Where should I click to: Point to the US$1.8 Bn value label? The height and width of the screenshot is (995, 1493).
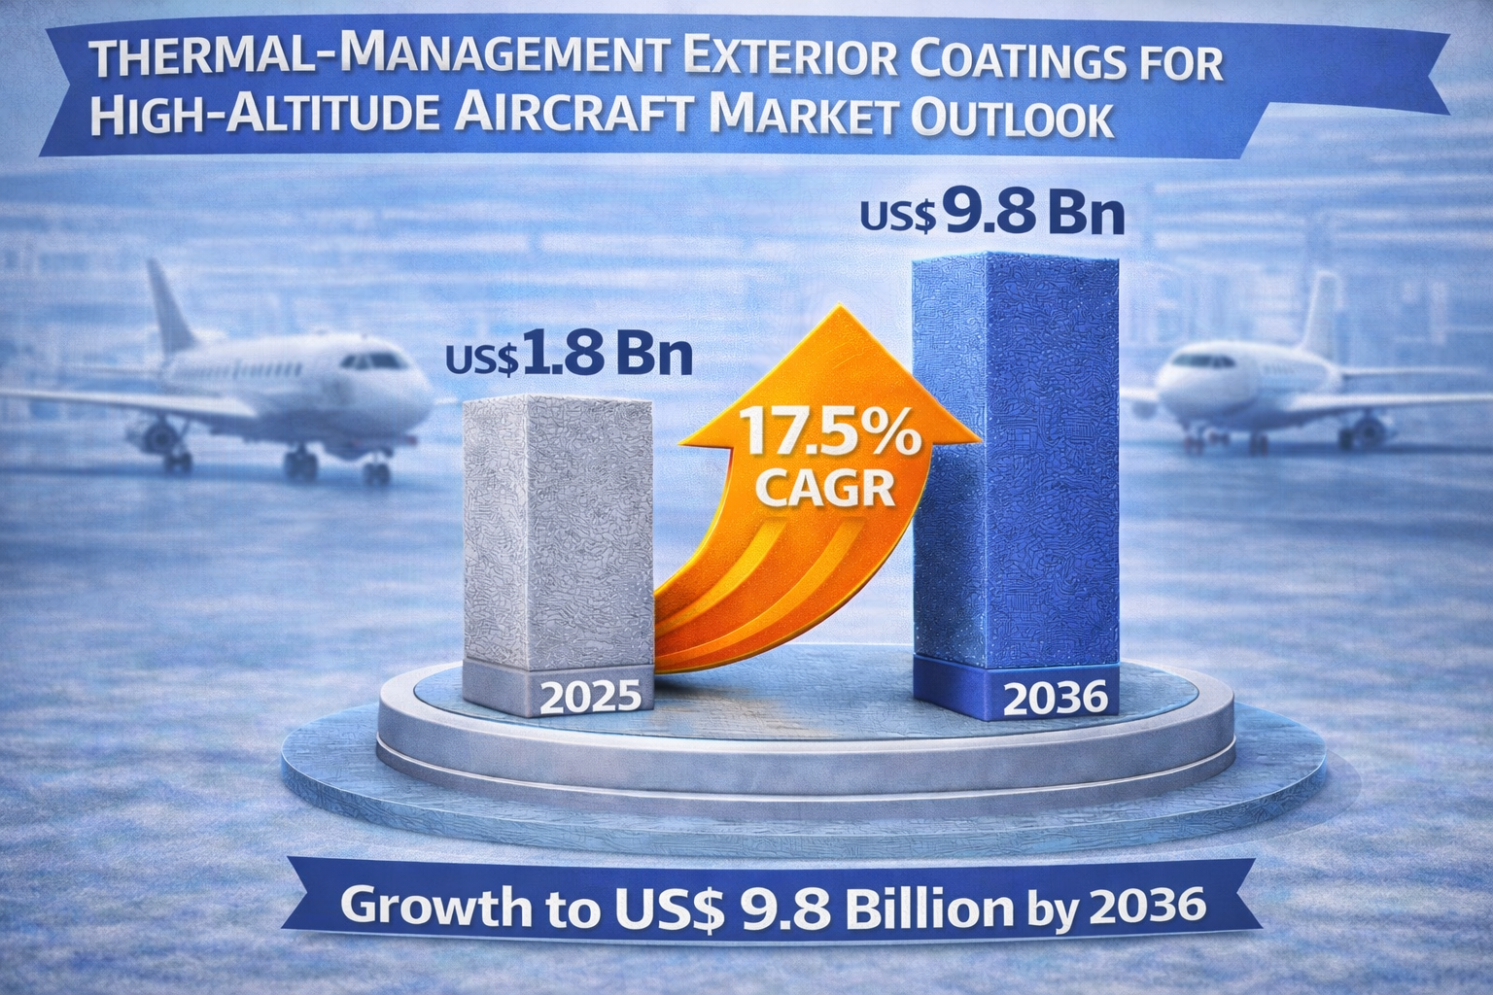click(x=569, y=356)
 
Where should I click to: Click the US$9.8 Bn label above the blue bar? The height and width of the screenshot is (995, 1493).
click(x=992, y=215)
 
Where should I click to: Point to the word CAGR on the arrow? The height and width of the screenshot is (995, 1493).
click(x=824, y=488)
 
